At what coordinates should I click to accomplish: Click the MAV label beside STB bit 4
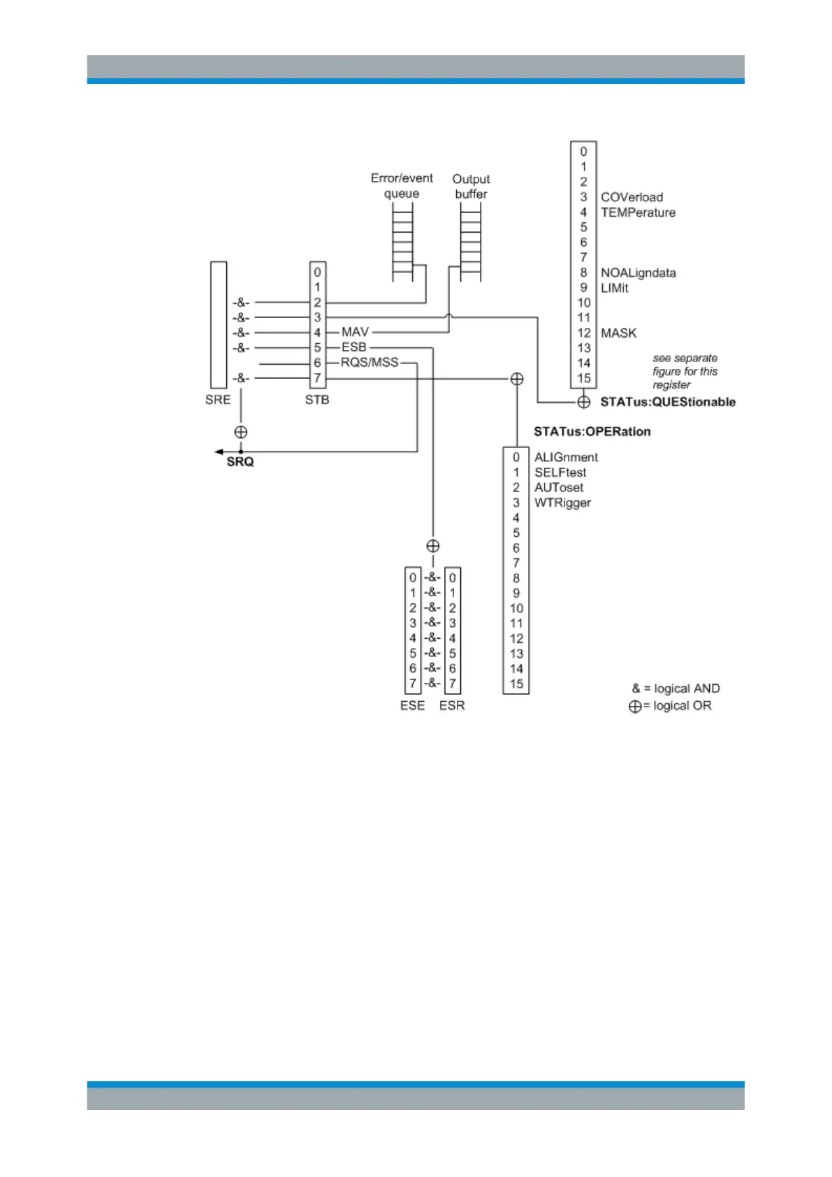[355, 332]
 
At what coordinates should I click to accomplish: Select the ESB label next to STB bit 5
[353, 347]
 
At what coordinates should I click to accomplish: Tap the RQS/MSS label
[370, 362]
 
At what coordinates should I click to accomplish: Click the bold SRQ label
[240, 462]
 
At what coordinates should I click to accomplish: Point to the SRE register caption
[218, 400]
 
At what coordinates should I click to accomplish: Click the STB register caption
[317, 400]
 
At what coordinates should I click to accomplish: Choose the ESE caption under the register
[412, 705]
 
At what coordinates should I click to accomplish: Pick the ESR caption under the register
[452, 705]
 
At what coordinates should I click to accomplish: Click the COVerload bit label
[632, 197]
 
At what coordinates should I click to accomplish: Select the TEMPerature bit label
[638, 212]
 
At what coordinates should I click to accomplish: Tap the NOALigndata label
[638, 273]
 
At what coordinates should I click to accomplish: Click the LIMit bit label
[614, 288]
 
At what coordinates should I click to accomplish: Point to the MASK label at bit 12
[618, 333]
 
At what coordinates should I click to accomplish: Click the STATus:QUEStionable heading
[668, 402]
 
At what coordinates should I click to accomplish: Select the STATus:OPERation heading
[592, 431]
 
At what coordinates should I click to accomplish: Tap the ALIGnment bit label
[566, 457]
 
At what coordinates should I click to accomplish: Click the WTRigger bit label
[562, 503]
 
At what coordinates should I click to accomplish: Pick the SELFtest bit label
[560, 472]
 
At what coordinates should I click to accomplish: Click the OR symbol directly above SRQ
[241, 432]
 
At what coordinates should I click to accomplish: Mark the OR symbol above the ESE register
[433, 546]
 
